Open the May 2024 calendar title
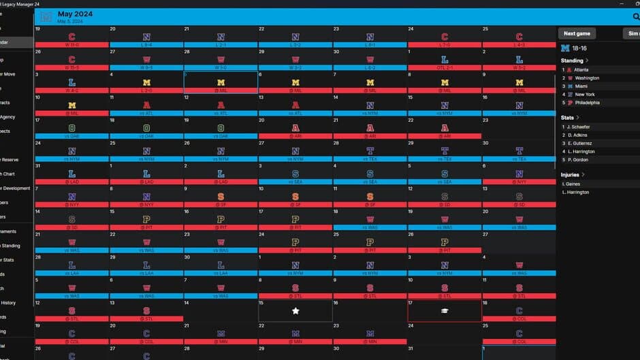pyautogui.click(x=75, y=14)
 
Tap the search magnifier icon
pyautogui.click(x=635, y=16)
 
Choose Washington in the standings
pyautogui.click(x=588, y=78)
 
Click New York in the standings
pyautogui.click(x=585, y=94)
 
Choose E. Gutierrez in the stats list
pyautogui.click(x=580, y=143)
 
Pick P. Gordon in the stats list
pyautogui.click(x=578, y=159)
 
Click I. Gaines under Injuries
pyautogui.click(x=572, y=184)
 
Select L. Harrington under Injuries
pyautogui.click(x=576, y=192)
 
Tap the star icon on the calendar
pyautogui.click(x=295, y=310)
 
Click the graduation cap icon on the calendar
pyautogui.click(x=445, y=310)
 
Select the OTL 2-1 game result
pyautogui.click(x=445, y=67)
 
